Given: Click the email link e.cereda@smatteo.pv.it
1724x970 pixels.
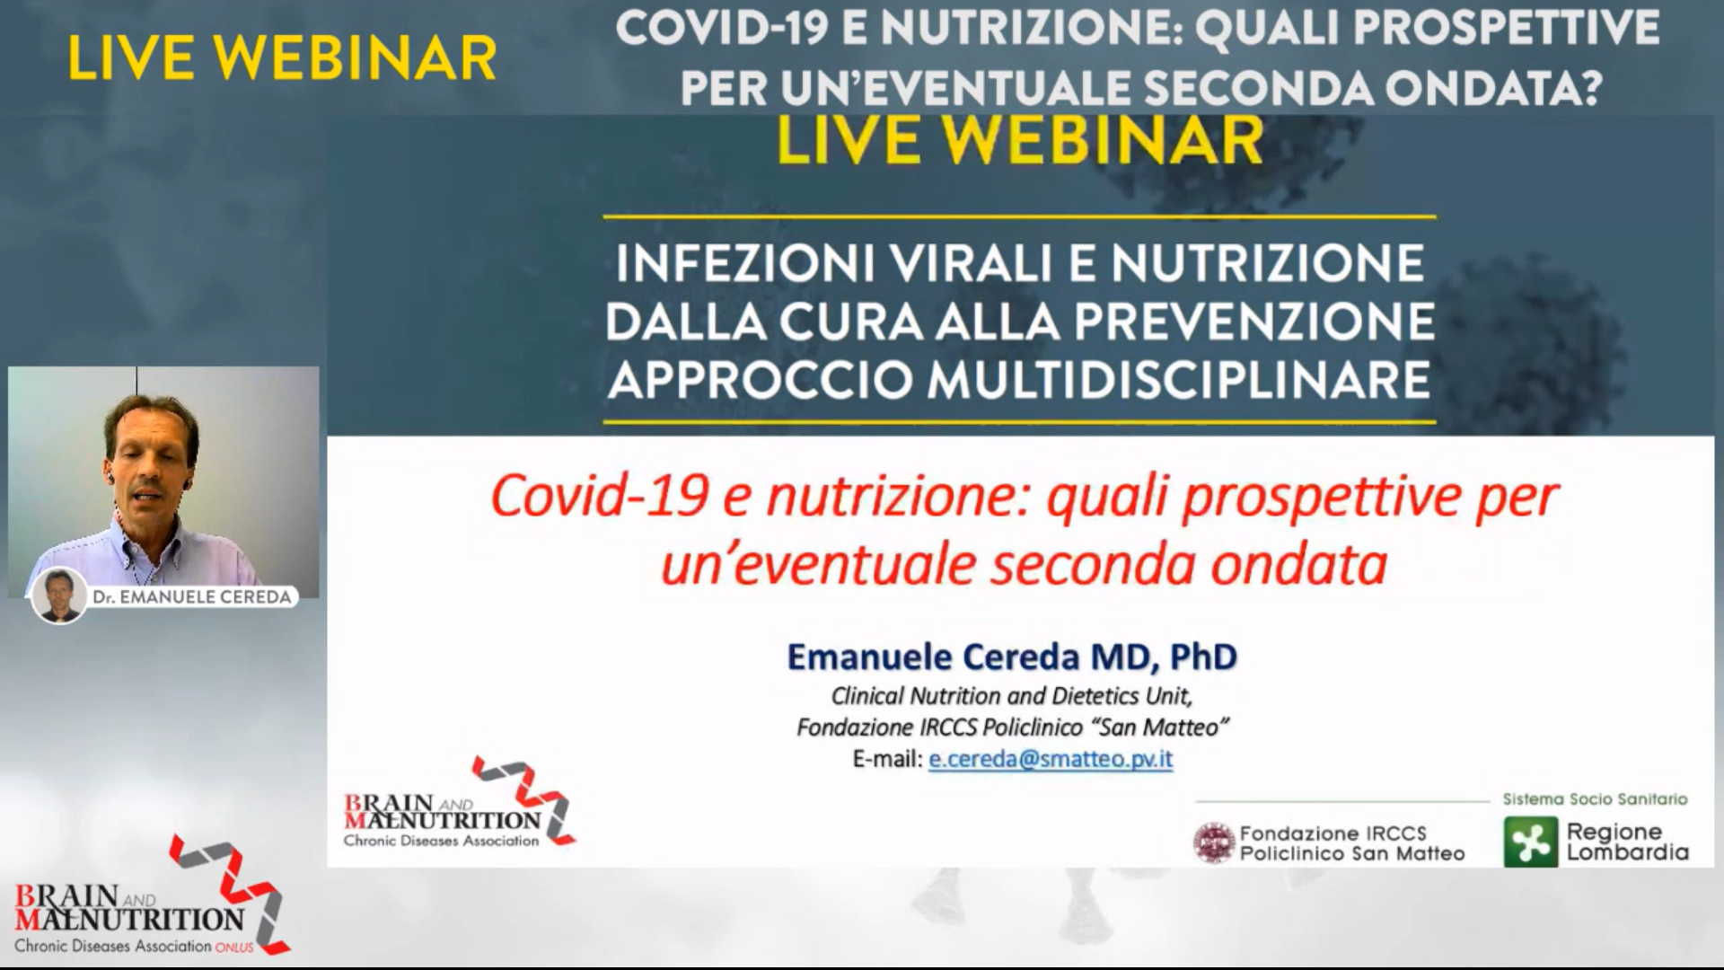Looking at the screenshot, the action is coord(1051,760).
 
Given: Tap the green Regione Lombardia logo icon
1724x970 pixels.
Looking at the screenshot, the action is coord(1531,842).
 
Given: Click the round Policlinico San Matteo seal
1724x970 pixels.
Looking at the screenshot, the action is coord(1214,843).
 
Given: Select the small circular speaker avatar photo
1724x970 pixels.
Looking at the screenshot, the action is coord(59,595).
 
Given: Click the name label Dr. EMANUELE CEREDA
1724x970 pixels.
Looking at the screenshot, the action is coord(192,597).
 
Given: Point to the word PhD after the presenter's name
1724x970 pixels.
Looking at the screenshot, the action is coord(1203,657).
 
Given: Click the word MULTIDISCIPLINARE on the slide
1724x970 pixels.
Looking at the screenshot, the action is coord(1178,380).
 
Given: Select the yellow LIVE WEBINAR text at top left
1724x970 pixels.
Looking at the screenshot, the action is coord(282,59).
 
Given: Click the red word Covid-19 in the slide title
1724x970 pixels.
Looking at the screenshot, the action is coord(600,496).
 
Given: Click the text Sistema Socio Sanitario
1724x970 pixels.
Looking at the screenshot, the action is coord(1596,798).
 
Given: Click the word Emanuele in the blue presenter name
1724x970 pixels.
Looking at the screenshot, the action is coord(869,657).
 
